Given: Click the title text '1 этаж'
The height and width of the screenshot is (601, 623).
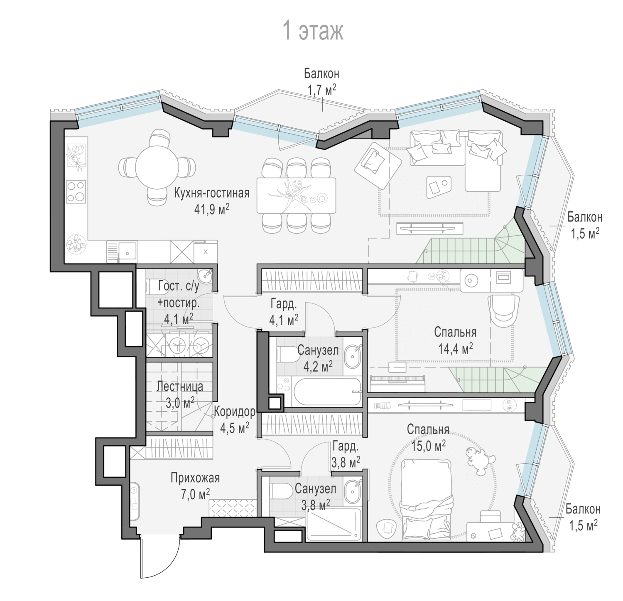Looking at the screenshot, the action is tap(313, 31).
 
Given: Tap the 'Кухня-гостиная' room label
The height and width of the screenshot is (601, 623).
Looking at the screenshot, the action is tap(212, 193).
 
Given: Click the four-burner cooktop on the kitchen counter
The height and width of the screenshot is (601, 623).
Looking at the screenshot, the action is tap(76, 191).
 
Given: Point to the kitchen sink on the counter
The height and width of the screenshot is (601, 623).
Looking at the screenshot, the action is tap(128, 251).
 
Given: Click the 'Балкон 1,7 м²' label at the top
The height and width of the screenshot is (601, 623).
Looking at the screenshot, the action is tap(321, 82).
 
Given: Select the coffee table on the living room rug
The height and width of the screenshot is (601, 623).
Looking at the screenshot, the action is tap(439, 187).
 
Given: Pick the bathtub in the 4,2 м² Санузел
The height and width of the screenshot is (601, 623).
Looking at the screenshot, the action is tap(326, 391).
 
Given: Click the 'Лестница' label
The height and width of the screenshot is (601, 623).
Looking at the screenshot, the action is tap(180, 386).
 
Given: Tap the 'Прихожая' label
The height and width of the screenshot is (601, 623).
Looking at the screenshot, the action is tap(195, 478).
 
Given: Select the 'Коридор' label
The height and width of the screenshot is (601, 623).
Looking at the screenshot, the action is tap(235, 412).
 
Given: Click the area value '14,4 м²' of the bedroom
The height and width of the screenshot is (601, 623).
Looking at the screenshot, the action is tap(455, 348).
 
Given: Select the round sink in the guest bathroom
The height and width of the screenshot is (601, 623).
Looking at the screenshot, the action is tap(205, 275).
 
